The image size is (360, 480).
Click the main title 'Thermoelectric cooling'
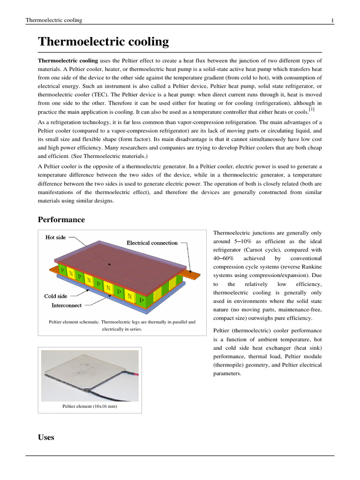(x=103, y=42)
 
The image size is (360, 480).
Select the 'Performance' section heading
(x=61, y=219)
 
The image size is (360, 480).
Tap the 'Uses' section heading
(x=46, y=437)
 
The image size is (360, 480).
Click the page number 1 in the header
(x=332, y=20)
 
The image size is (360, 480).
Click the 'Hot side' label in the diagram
(x=55, y=237)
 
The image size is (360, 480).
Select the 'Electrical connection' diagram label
(x=152, y=243)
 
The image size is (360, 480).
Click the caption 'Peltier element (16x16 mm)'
(x=90, y=406)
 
